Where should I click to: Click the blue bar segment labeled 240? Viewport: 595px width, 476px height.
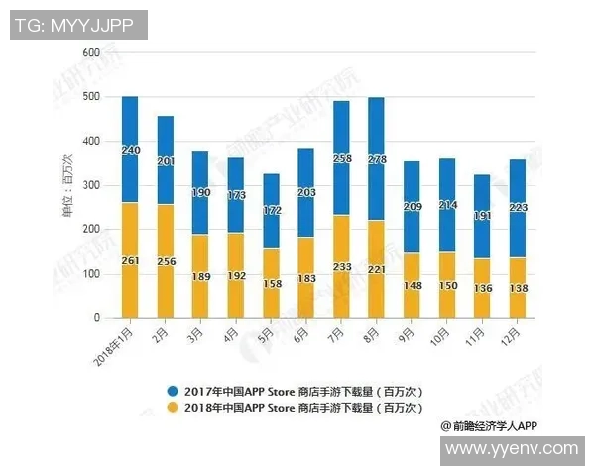point(130,149)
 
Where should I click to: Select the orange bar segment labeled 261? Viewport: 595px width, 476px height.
point(130,260)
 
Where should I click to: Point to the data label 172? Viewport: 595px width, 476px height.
point(271,212)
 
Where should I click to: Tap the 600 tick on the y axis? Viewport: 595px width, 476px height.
point(91,52)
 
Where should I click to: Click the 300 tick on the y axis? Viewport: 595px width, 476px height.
point(91,185)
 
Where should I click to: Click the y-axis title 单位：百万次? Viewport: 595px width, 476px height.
point(68,185)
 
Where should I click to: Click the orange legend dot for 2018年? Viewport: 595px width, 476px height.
point(174,407)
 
